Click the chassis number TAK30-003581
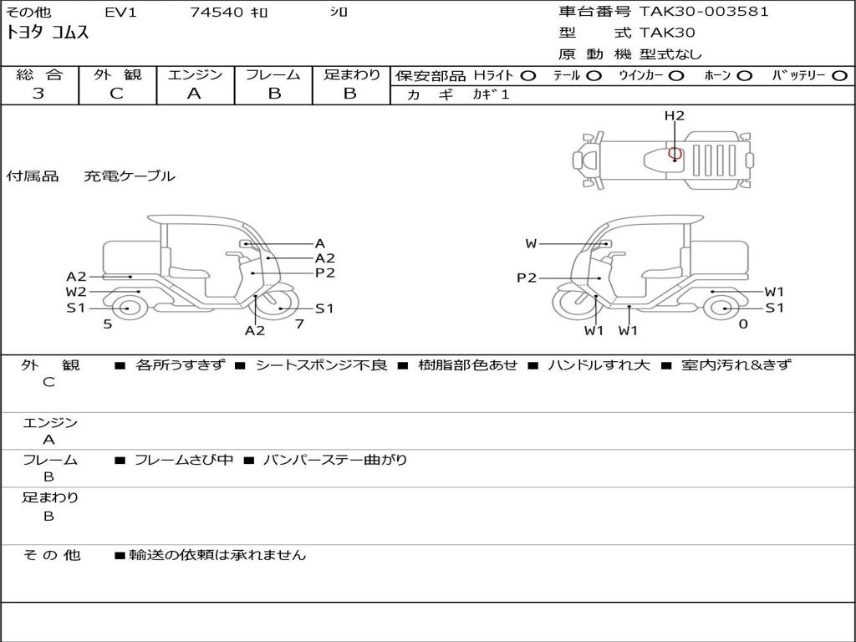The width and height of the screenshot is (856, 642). click(x=704, y=12)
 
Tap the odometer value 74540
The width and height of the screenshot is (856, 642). click(x=217, y=12)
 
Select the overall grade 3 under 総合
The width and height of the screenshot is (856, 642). click(x=38, y=94)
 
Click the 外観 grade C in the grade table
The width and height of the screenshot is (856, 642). click(x=116, y=94)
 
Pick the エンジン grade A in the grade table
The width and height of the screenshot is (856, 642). click(x=194, y=94)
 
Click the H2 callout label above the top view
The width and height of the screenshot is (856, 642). click(x=675, y=115)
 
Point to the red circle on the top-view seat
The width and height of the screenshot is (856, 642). click(x=675, y=154)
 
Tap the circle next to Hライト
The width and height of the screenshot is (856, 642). click(x=528, y=76)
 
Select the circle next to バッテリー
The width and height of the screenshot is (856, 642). click(x=840, y=76)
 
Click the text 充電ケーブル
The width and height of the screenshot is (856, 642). click(x=130, y=176)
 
